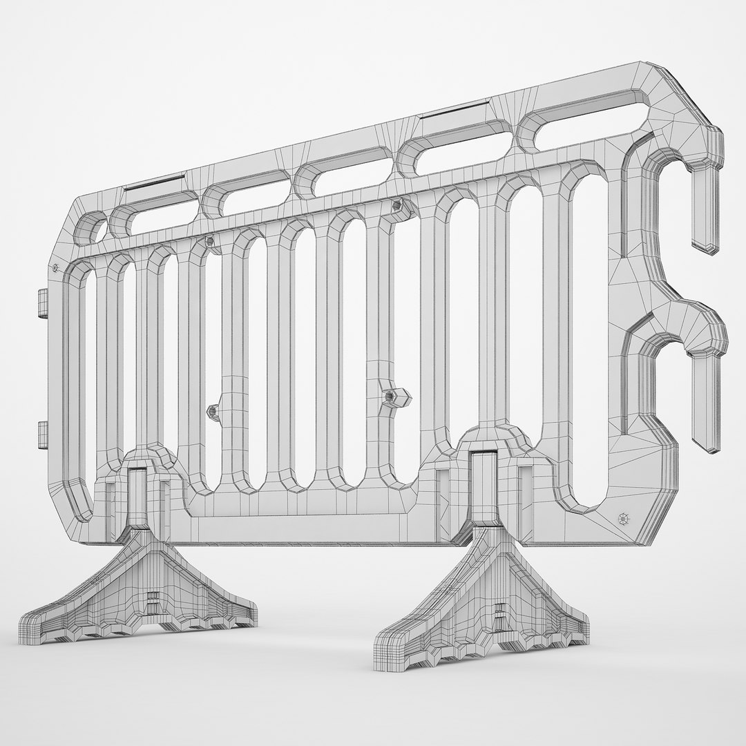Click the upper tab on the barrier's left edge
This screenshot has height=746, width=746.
tap(41, 303)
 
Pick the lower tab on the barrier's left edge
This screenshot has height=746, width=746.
tap(41, 434)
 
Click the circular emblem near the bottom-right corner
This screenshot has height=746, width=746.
tap(624, 517)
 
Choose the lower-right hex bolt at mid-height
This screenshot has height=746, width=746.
tap(389, 396)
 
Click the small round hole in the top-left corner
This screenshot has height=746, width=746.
tap(90, 227)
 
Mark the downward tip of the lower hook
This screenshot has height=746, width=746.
tap(708, 414)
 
